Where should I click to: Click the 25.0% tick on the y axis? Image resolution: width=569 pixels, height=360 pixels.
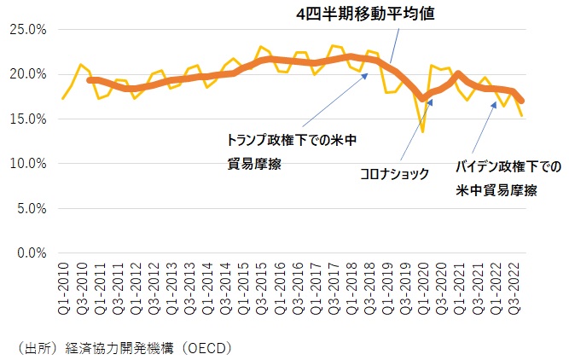[x=28, y=30]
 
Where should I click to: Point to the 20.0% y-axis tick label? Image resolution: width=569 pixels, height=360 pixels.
[x=28, y=74]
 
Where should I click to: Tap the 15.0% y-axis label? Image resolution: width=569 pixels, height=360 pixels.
[x=28, y=119]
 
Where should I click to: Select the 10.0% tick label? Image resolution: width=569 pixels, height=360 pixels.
[x=28, y=164]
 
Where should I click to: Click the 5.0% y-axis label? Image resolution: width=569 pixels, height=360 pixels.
[x=31, y=208]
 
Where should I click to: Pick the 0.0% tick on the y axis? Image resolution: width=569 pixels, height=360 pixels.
[x=31, y=253]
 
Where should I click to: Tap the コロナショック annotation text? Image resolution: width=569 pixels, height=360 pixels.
[x=396, y=173]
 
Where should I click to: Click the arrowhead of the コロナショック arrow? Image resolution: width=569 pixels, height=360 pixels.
[x=432, y=101]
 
